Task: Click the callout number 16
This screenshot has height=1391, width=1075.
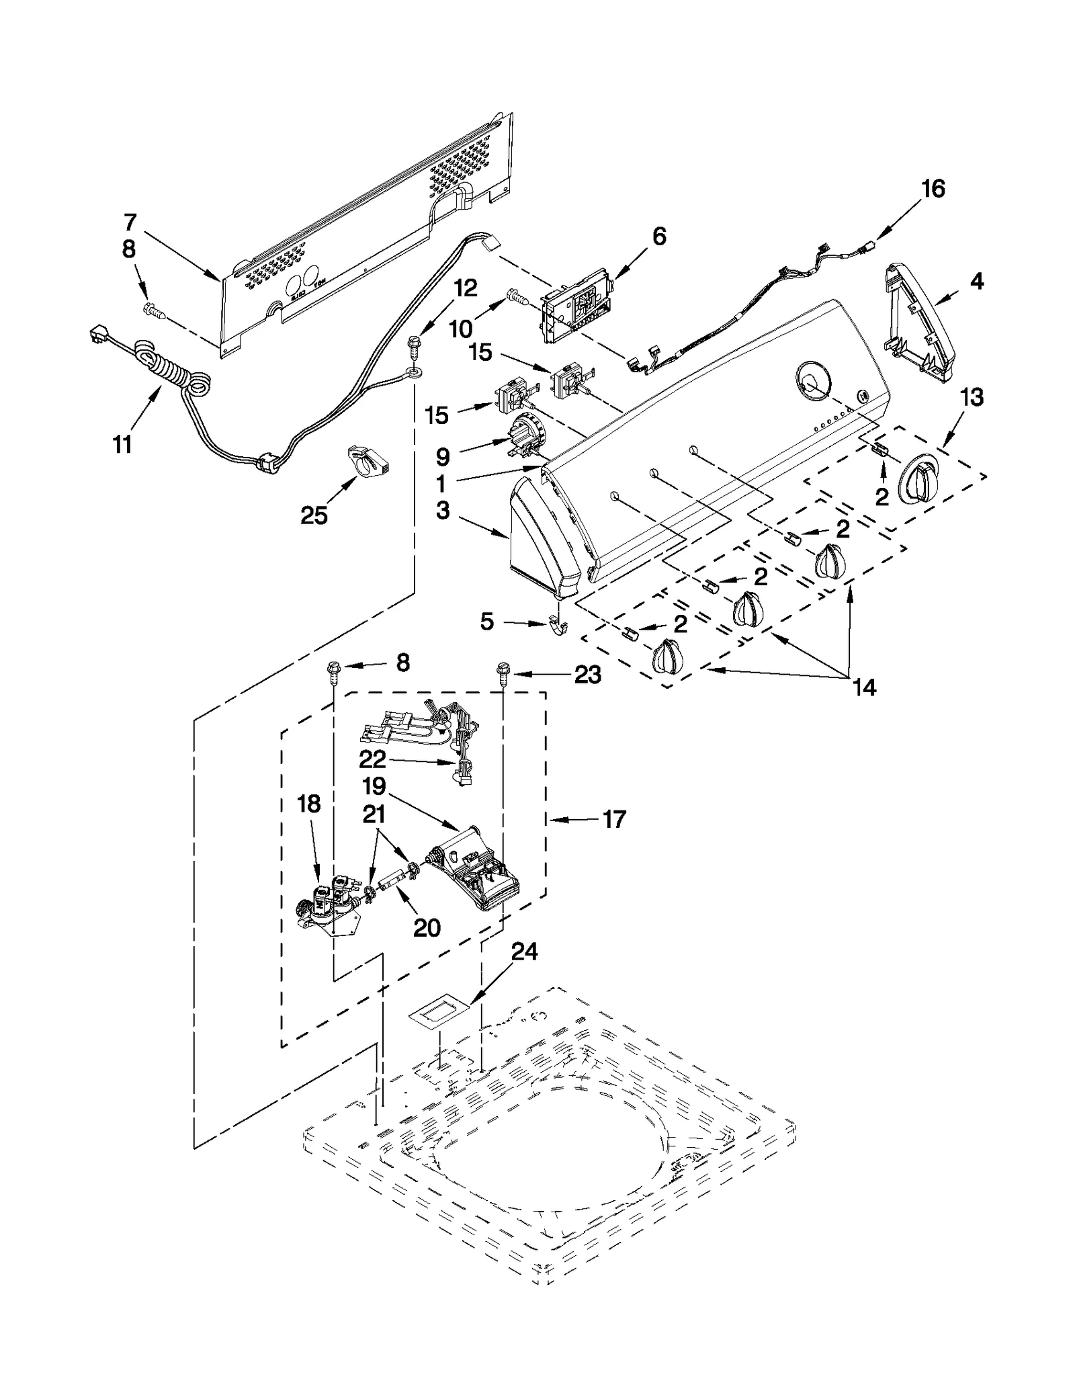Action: click(x=933, y=189)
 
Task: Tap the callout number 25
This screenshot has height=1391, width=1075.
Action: click(x=314, y=515)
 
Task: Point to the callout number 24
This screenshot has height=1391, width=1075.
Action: click(x=525, y=952)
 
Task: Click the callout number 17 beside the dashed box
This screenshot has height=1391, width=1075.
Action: click(x=614, y=819)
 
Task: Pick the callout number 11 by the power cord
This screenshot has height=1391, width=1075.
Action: click(x=122, y=444)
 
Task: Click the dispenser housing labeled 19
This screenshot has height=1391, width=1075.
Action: click(x=480, y=872)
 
